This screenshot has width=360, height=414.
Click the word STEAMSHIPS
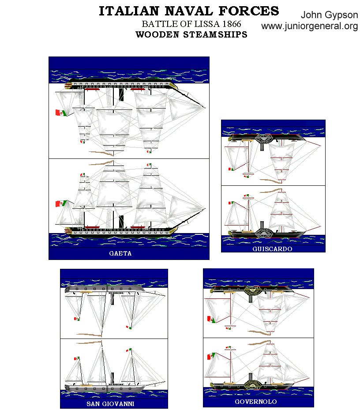click(x=216, y=35)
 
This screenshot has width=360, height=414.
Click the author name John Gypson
click(x=329, y=15)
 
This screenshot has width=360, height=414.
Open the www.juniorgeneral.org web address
click(x=309, y=26)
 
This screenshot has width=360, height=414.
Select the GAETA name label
click(x=120, y=254)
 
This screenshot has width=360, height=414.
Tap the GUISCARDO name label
click(x=272, y=249)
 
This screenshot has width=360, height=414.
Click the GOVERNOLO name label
click(x=256, y=402)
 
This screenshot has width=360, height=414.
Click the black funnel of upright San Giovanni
click(x=112, y=378)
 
